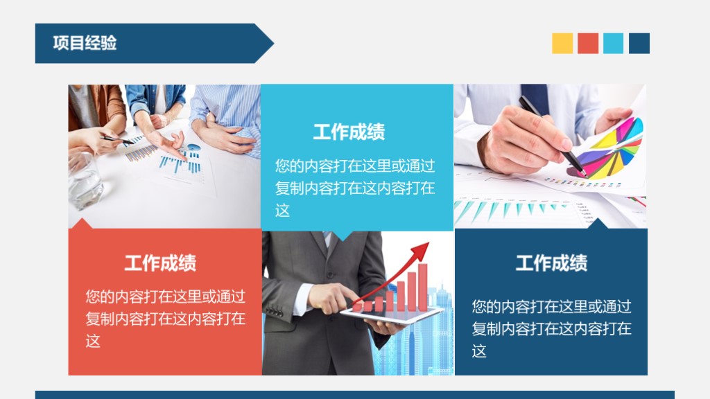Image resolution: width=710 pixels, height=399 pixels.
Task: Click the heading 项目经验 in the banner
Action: coord(85,43)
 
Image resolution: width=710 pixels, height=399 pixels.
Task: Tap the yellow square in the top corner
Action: coord(562,43)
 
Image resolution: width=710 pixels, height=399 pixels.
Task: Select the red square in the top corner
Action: coord(588,43)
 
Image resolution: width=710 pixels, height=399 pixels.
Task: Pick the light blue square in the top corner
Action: coord(613,43)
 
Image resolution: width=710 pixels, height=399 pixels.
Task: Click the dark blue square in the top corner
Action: coord(639,43)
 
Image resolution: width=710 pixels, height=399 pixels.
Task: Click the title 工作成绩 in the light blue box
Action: coord(349,132)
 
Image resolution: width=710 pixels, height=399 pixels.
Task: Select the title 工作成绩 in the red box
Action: coord(160,263)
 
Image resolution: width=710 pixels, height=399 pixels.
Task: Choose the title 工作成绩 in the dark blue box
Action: coord(551,263)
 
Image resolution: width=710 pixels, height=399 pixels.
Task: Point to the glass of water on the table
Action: coord(84,179)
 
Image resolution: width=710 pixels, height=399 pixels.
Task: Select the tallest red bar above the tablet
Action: coord(422,287)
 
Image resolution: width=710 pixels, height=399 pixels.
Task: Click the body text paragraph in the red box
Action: coord(165,319)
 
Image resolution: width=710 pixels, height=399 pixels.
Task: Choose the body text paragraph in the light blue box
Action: coord(354,188)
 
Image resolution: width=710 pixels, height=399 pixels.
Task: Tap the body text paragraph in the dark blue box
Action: coord(551,328)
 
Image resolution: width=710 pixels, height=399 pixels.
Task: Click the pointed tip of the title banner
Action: coord(272,44)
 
